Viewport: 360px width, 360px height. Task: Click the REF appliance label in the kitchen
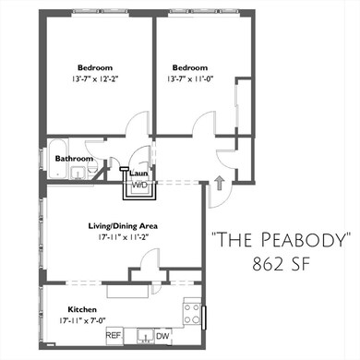coord(114,336)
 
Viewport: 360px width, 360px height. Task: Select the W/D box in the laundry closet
coord(140,185)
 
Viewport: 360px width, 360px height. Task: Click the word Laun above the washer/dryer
coord(139,173)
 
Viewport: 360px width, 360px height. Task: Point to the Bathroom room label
coord(75,159)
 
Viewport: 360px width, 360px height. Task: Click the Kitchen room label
coord(83,309)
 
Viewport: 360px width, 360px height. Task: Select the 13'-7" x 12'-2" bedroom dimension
coord(95,80)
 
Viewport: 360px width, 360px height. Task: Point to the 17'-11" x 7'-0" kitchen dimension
coord(83,321)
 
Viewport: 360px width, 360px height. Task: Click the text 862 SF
coord(282,265)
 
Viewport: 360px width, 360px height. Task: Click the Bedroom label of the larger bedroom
coord(95,67)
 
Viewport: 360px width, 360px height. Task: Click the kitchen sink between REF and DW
coord(146,335)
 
